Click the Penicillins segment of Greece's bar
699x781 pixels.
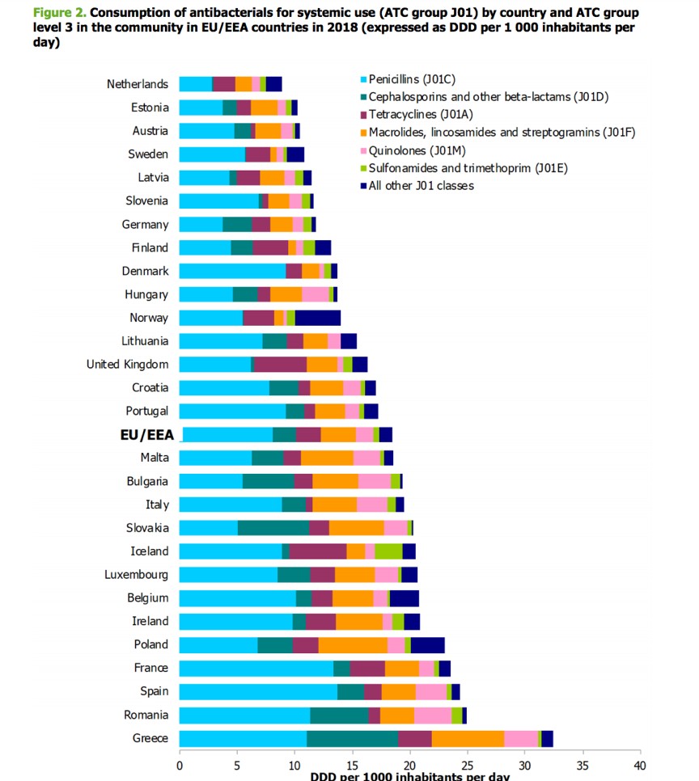[243, 738]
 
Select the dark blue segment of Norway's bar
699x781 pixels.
[317, 318]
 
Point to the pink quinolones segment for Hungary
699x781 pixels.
[315, 294]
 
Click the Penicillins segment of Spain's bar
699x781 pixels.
[257, 691]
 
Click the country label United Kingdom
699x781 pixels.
[127, 365]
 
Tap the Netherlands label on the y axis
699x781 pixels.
[138, 84]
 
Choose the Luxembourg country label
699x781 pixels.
[136, 575]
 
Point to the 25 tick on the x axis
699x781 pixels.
[467, 765]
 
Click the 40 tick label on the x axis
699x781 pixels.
[639, 765]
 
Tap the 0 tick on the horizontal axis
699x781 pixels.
[179, 765]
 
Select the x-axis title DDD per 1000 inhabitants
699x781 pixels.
[409, 776]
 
